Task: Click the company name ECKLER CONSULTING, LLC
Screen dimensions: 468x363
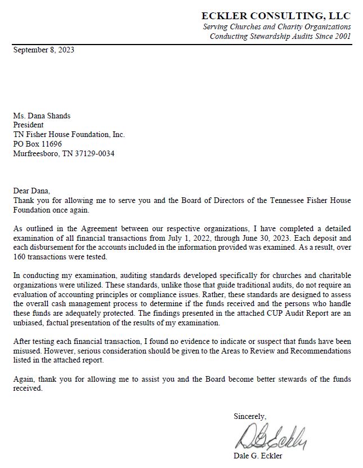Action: pyautogui.click(x=276, y=15)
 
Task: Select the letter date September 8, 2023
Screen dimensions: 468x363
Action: pyautogui.click(x=44, y=50)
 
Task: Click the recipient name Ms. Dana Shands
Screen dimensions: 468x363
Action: pyautogui.click(x=42, y=116)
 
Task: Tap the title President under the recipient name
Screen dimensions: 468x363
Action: pyautogui.click(x=29, y=125)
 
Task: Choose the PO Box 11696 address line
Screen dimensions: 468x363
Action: pyautogui.click(x=38, y=144)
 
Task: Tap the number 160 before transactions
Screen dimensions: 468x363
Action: pyautogui.click(x=20, y=257)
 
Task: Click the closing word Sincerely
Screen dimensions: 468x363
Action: pyautogui.click(x=250, y=416)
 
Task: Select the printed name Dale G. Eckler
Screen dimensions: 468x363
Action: pyautogui.click(x=257, y=456)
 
